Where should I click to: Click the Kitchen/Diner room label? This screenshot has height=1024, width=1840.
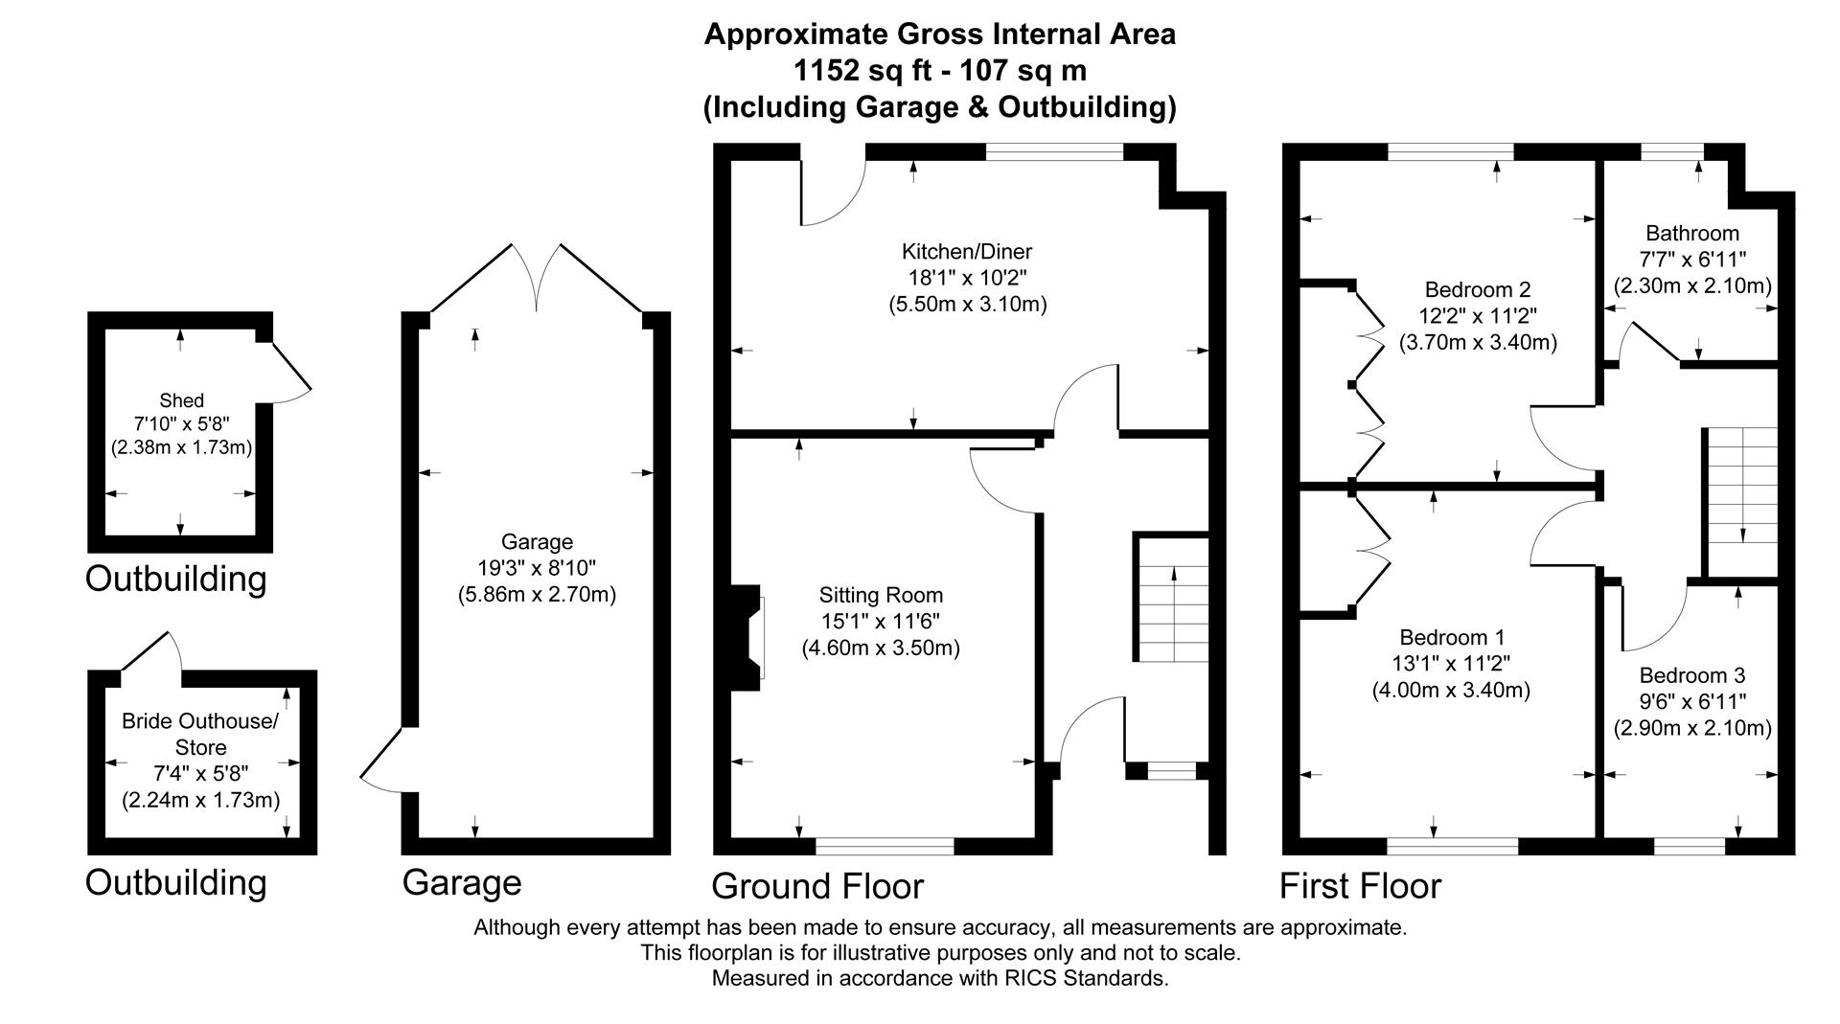[x=966, y=252]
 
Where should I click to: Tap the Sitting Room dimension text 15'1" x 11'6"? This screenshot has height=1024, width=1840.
[x=880, y=621]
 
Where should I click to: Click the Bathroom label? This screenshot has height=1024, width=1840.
[x=1691, y=233]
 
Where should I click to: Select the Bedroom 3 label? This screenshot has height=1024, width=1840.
[x=1691, y=674]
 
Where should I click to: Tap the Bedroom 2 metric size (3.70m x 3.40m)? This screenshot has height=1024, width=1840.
[x=1478, y=342]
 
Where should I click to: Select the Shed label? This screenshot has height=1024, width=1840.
[x=181, y=400]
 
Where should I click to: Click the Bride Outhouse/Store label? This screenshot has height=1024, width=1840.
[x=200, y=734]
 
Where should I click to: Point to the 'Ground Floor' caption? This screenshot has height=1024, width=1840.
[x=816, y=886]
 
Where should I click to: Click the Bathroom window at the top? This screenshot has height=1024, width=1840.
[x=1671, y=151]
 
